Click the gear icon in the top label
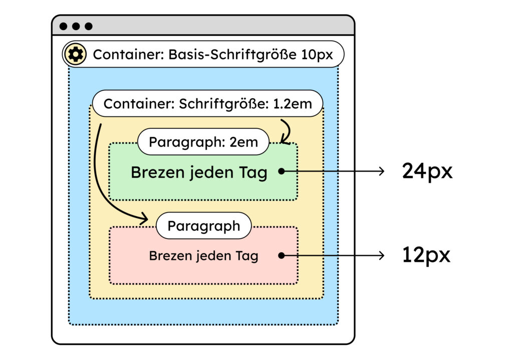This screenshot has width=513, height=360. tap(75, 54)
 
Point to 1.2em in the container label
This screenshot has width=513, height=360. tap(293, 104)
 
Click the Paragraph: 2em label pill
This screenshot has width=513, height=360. tap(203, 142)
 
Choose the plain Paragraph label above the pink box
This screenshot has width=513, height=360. tap(204, 226)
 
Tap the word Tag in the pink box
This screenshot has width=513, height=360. tap(246, 256)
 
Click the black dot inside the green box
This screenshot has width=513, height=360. tap(282, 171)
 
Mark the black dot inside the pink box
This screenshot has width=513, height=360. tap(282, 256)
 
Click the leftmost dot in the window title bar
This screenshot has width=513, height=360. tap(64, 26)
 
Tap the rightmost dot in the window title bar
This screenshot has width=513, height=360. tap(89, 26)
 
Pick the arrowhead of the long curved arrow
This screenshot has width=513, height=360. tap(144, 218)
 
